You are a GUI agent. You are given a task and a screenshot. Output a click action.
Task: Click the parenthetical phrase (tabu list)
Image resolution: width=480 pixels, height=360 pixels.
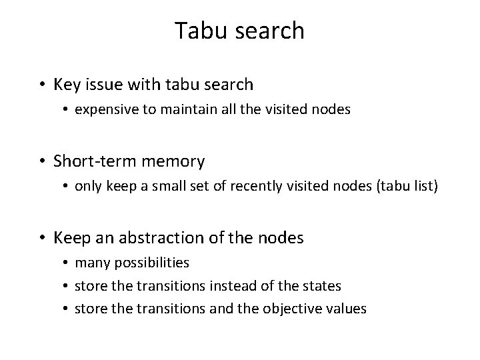point(405,186)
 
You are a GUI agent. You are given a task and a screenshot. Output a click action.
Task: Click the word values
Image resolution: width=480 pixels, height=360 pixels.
point(348,309)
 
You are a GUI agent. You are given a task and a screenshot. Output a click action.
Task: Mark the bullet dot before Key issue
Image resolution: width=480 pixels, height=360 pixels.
point(43,85)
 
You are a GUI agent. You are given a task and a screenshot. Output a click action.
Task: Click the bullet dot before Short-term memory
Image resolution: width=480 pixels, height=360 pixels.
point(43,161)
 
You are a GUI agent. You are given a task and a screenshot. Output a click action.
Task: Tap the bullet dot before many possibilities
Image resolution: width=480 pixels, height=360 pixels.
point(67,263)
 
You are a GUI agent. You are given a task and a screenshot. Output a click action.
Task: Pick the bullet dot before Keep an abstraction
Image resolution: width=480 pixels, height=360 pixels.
point(43,237)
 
